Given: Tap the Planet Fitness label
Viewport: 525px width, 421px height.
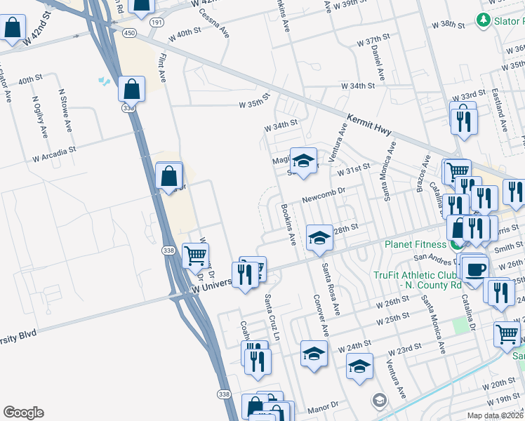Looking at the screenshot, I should click(415, 244).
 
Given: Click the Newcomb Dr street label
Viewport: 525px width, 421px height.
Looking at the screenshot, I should click(324, 199).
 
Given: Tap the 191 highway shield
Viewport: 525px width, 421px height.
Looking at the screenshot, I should click(156, 23).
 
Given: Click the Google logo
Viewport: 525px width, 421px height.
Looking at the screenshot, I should click(23, 413).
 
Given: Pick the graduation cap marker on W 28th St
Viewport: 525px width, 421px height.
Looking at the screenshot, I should click(319, 238).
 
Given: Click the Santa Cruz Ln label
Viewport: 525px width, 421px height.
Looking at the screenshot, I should click(271, 316).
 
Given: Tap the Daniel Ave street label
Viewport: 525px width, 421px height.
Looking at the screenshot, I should click(378, 62).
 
